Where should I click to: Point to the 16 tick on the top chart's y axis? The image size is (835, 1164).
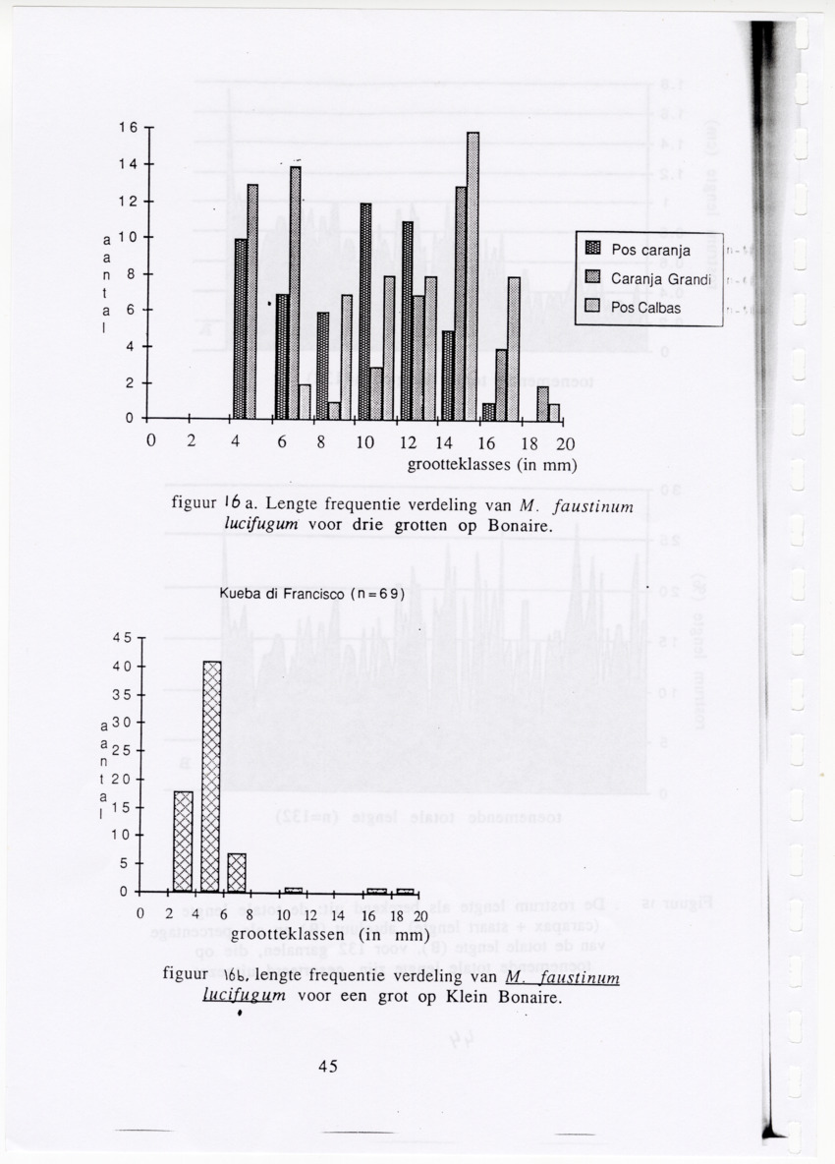[x=129, y=128]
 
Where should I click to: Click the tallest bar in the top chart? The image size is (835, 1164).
[x=473, y=275]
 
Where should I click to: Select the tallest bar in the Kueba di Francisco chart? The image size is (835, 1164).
[x=211, y=776]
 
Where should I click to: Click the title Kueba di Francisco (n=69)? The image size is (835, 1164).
[x=312, y=594]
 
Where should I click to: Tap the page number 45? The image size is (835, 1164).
[x=327, y=1067]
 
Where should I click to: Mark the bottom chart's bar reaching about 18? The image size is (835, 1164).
[x=183, y=841]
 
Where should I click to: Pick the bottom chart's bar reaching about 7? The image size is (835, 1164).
[x=237, y=872]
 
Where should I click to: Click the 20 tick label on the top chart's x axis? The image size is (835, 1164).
[x=565, y=443]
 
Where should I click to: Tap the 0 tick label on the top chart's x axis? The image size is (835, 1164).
[x=150, y=443]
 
